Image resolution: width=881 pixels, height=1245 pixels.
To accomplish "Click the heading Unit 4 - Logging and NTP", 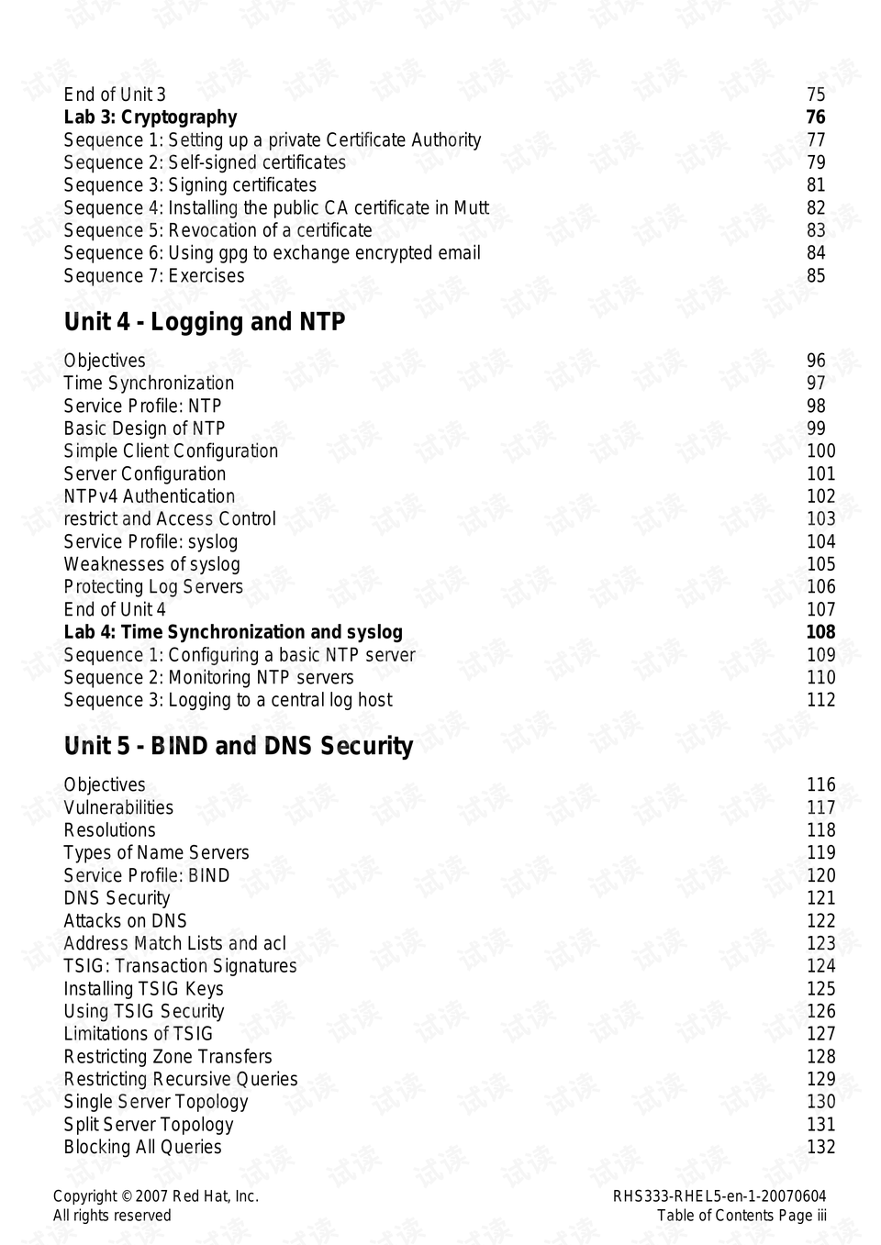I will tap(204, 322).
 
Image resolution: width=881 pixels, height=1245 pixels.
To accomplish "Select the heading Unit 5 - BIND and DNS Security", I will tap(238, 746).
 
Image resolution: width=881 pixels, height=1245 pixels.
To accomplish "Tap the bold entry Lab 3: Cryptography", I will tap(150, 117).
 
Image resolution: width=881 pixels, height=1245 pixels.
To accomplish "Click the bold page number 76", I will tap(815, 117).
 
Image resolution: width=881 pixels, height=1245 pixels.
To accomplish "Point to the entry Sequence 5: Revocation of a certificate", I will tap(217, 230).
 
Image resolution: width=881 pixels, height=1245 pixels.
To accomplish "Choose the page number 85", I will tap(815, 276).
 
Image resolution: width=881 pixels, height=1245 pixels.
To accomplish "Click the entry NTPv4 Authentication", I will tap(149, 496).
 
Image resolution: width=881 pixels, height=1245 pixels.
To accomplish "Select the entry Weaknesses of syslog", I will tap(151, 564).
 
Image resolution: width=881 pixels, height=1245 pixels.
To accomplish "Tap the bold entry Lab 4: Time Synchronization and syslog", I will tap(232, 632).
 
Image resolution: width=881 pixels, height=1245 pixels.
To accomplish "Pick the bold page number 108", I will tap(820, 632).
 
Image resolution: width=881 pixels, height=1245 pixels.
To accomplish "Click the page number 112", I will tap(820, 700).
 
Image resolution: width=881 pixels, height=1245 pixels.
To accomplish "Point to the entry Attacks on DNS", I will tap(125, 921).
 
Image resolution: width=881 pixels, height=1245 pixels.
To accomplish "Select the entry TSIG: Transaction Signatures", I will tap(180, 966).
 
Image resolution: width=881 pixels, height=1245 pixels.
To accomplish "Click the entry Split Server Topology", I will tap(148, 1125).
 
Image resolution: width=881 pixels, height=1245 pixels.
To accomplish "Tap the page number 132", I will tap(820, 1147).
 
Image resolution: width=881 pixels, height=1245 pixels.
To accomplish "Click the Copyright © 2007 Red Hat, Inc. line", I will tap(155, 1196).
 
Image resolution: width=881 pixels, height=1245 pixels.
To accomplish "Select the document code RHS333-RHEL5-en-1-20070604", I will tap(719, 1196).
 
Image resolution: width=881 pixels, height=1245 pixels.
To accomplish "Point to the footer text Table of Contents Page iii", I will tap(741, 1216).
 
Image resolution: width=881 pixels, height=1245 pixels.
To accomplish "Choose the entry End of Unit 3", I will tap(115, 94).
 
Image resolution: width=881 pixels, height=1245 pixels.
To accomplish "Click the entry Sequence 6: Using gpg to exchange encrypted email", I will tap(272, 253).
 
